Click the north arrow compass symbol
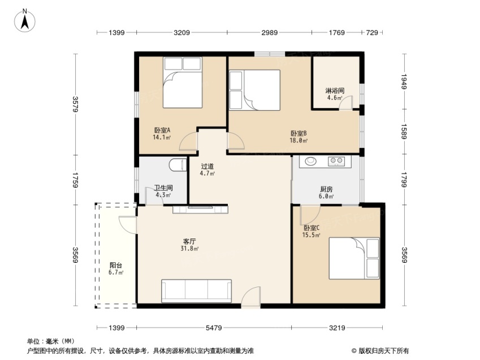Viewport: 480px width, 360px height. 25,21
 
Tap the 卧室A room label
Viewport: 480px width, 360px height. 162,131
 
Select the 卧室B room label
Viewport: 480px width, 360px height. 299,133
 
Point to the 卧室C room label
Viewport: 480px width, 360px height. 312,228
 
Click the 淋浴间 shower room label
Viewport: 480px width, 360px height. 335,90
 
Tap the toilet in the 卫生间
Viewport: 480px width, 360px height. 178,165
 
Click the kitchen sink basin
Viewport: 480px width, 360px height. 310,161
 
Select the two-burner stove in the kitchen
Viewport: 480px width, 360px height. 336,161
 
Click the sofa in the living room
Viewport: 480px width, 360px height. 196,290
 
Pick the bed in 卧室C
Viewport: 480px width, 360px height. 354,258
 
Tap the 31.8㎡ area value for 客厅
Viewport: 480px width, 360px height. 189,248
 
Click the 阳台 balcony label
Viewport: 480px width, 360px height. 116,265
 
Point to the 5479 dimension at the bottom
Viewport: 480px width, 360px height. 214,328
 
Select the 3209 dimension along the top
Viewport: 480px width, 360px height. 182,32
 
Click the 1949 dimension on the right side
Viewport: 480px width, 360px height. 404,81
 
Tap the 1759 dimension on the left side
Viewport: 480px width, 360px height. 75,180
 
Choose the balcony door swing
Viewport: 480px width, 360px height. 128,225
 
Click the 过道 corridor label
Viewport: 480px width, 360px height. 207,166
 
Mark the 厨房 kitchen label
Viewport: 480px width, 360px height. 326,189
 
